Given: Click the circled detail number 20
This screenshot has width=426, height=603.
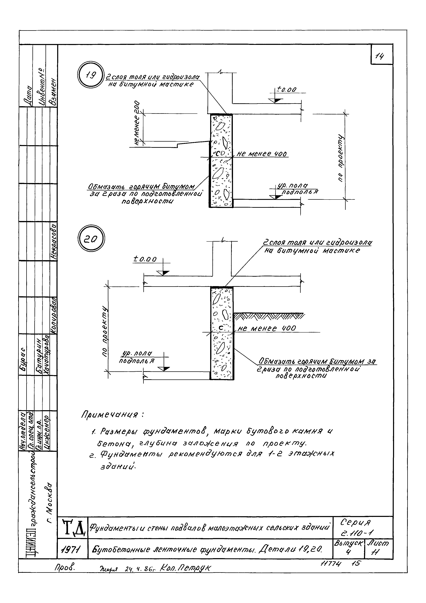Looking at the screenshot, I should (91, 239).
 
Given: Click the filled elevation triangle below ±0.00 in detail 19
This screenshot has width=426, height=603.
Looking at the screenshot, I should (275, 101).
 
